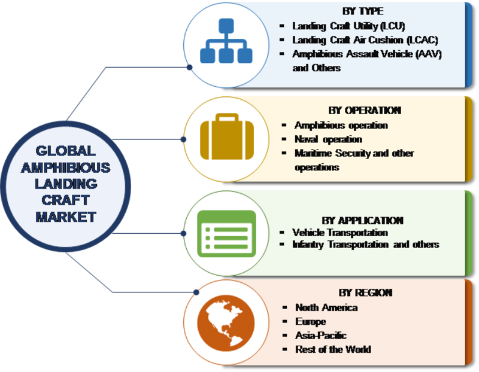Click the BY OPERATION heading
coord(365,111)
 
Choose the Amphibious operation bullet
coord(341,126)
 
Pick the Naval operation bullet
coord(328,139)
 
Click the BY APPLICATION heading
coord(363,220)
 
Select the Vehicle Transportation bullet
coord(340,232)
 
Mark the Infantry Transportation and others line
coord(366,244)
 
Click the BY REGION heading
coord(365,292)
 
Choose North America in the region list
coord(326,307)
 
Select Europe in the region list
coord(311,322)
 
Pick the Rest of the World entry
coord(333,349)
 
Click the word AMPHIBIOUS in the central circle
coord(65,167)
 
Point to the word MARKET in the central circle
coord(65,217)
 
